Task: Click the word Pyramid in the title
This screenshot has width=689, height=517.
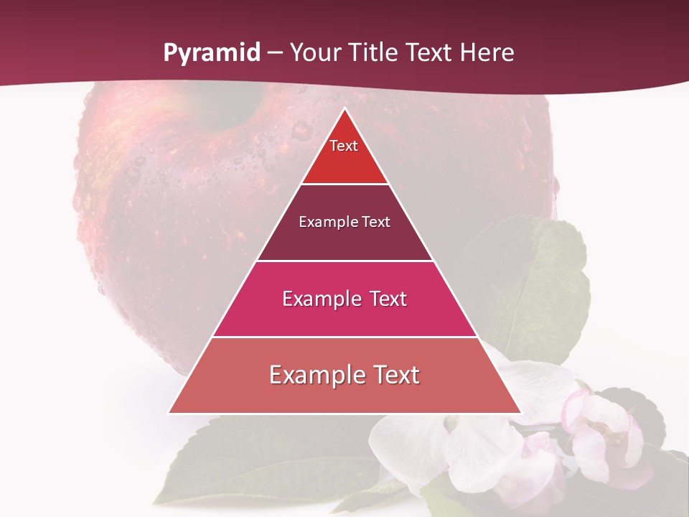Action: (211, 53)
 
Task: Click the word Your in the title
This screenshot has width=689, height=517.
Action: (314, 53)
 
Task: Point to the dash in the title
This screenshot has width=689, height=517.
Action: (275, 53)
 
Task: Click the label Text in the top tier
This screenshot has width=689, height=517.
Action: (344, 146)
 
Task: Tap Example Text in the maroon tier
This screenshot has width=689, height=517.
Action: (344, 222)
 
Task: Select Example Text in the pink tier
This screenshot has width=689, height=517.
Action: (344, 299)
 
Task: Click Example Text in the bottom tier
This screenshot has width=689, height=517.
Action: (344, 375)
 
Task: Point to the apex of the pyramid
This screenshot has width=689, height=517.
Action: (344, 110)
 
